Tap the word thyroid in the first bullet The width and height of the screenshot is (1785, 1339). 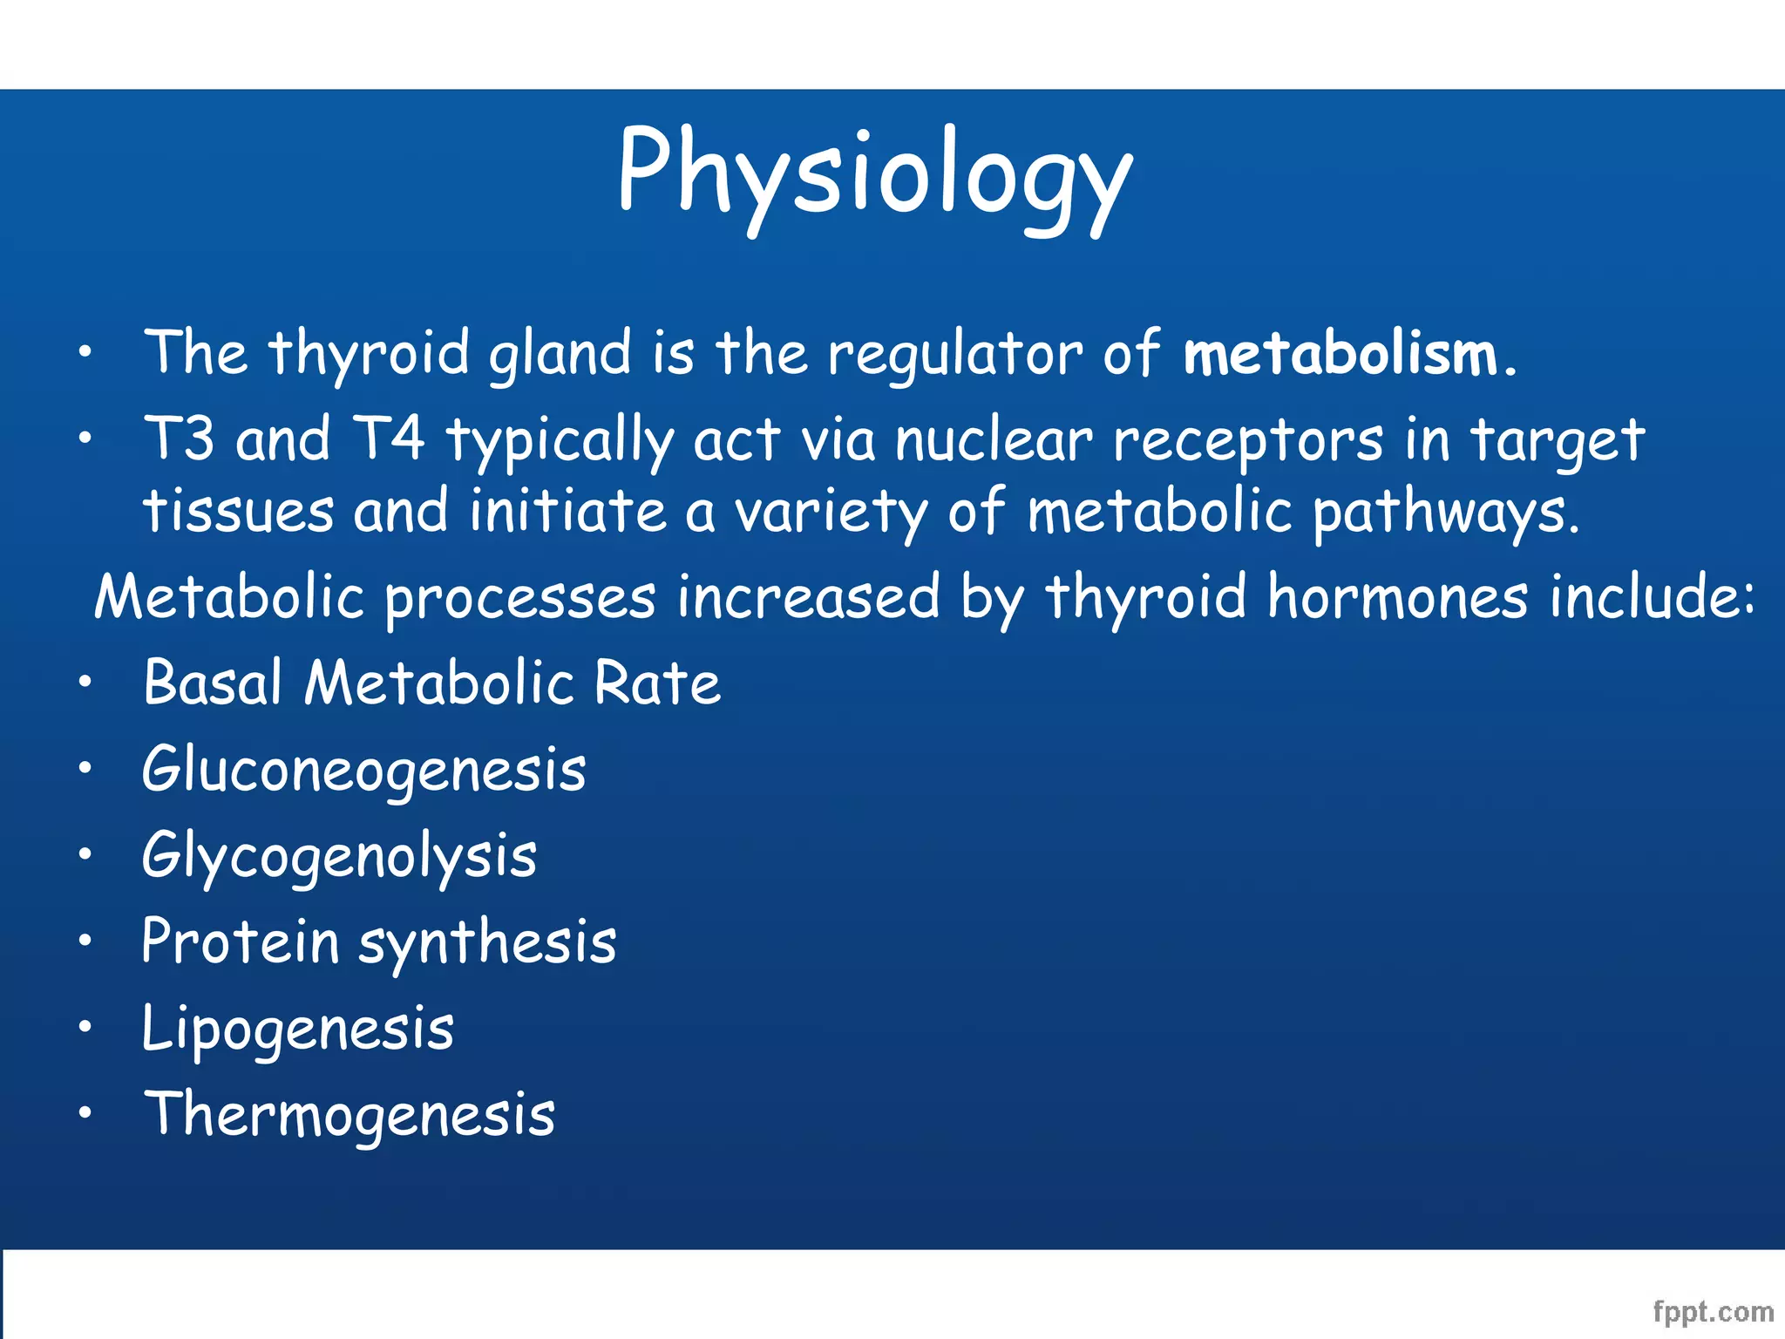(x=370, y=355)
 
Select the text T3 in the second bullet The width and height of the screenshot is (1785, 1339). (x=179, y=438)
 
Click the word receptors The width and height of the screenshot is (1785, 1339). (x=1246, y=442)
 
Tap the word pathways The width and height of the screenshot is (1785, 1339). (x=1445, y=513)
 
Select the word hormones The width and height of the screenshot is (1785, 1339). (x=1397, y=598)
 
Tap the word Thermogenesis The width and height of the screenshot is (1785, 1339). (x=349, y=1115)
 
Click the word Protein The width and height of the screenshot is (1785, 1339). (x=240, y=942)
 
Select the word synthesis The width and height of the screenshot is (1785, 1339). (x=487, y=944)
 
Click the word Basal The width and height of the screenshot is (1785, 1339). (x=213, y=683)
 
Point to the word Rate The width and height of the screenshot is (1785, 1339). (x=657, y=683)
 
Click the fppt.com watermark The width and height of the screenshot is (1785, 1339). (x=1713, y=1311)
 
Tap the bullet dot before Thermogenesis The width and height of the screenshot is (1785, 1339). (x=84, y=1112)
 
